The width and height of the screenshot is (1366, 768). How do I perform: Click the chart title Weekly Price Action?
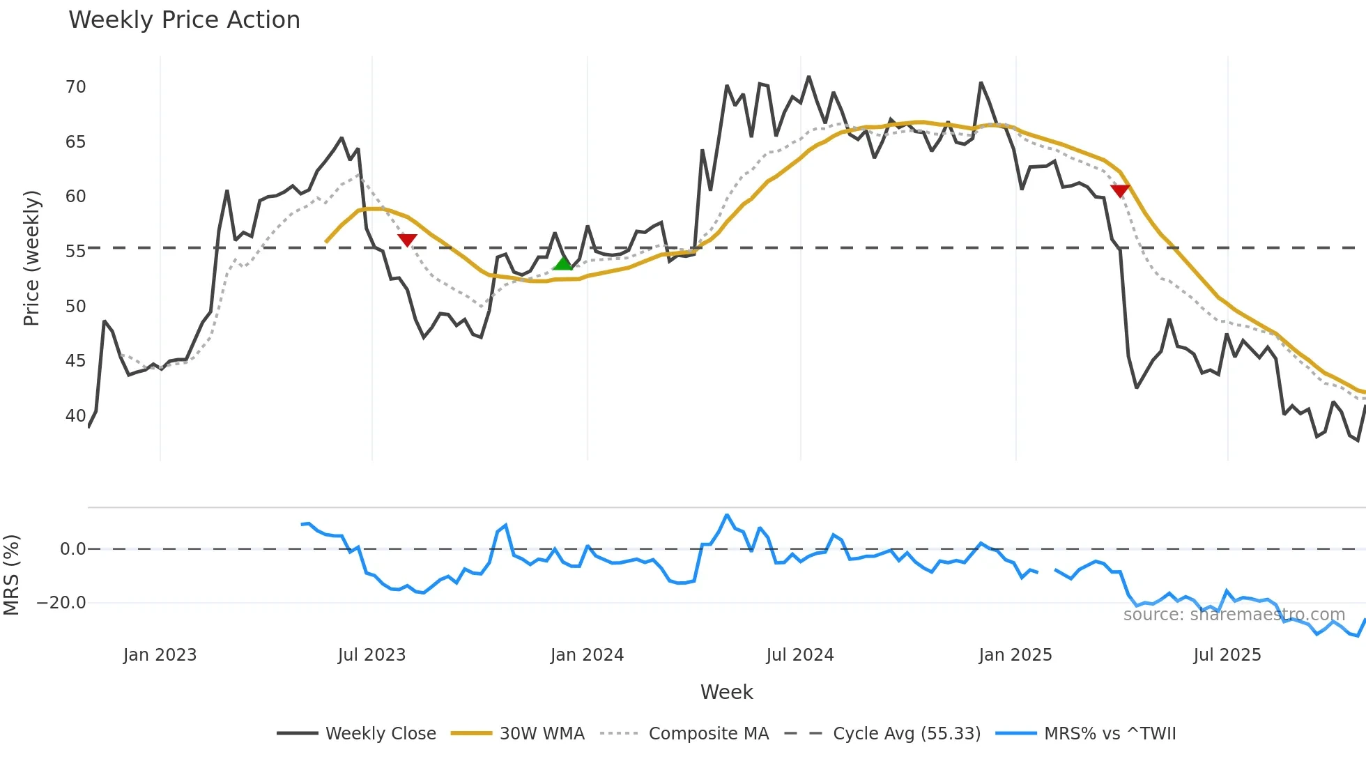(184, 20)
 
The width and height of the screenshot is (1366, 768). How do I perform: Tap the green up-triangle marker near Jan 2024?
(563, 263)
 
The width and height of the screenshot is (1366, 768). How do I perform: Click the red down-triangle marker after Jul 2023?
(407, 240)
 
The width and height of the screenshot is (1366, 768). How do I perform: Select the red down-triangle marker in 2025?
(1120, 190)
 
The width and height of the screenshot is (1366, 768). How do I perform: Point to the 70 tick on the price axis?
(75, 87)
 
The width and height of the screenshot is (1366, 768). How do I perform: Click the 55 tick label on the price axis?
(75, 252)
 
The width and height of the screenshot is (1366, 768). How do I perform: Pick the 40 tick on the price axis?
(75, 416)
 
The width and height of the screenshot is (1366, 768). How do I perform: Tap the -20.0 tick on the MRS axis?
(61, 603)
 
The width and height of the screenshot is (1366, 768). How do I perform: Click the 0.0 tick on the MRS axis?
(72, 549)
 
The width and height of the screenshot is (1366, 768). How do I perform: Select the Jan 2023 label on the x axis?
(160, 655)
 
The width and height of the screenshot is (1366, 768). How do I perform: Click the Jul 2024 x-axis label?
(799, 655)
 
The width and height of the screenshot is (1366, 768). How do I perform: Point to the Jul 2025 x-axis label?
(1227, 655)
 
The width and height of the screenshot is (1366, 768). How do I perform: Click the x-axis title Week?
(726, 692)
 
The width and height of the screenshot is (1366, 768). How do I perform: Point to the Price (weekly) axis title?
(31, 258)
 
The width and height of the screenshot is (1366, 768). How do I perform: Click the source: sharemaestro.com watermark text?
(1234, 615)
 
